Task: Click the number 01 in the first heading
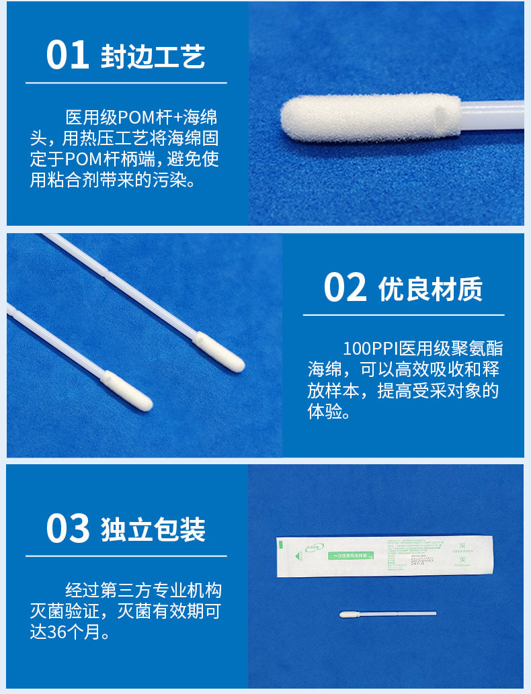pyautogui.click(x=67, y=56)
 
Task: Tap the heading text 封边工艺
pyautogui.click(x=153, y=57)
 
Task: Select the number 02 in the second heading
pyautogui.click(x=345, y=288)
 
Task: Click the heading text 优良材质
pyautogui.click(x=430, y=289)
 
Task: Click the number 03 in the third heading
pyautogui.click(x=67, y=529)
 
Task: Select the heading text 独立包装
pyautogui.click(x=153, y=530)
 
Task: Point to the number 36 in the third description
pyautogui.click(x=56, y=632)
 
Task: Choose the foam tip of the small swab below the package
pyautogui.click(x=349, y=615)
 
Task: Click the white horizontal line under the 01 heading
pyautogui.click(x=126, y=83)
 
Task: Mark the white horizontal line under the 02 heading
pyautogui.click(x=403, y=314)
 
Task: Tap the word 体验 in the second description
pyautogui.click(x=322, y=411)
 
